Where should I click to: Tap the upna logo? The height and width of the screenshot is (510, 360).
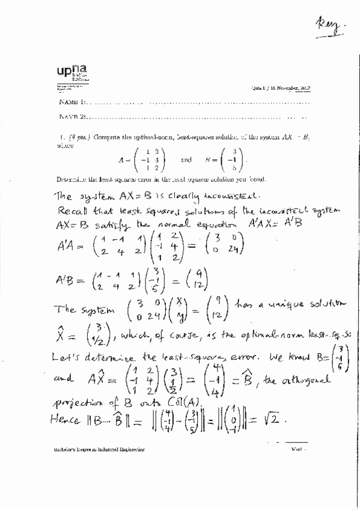(73, 74)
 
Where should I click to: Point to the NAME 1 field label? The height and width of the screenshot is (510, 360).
(73, 103)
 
